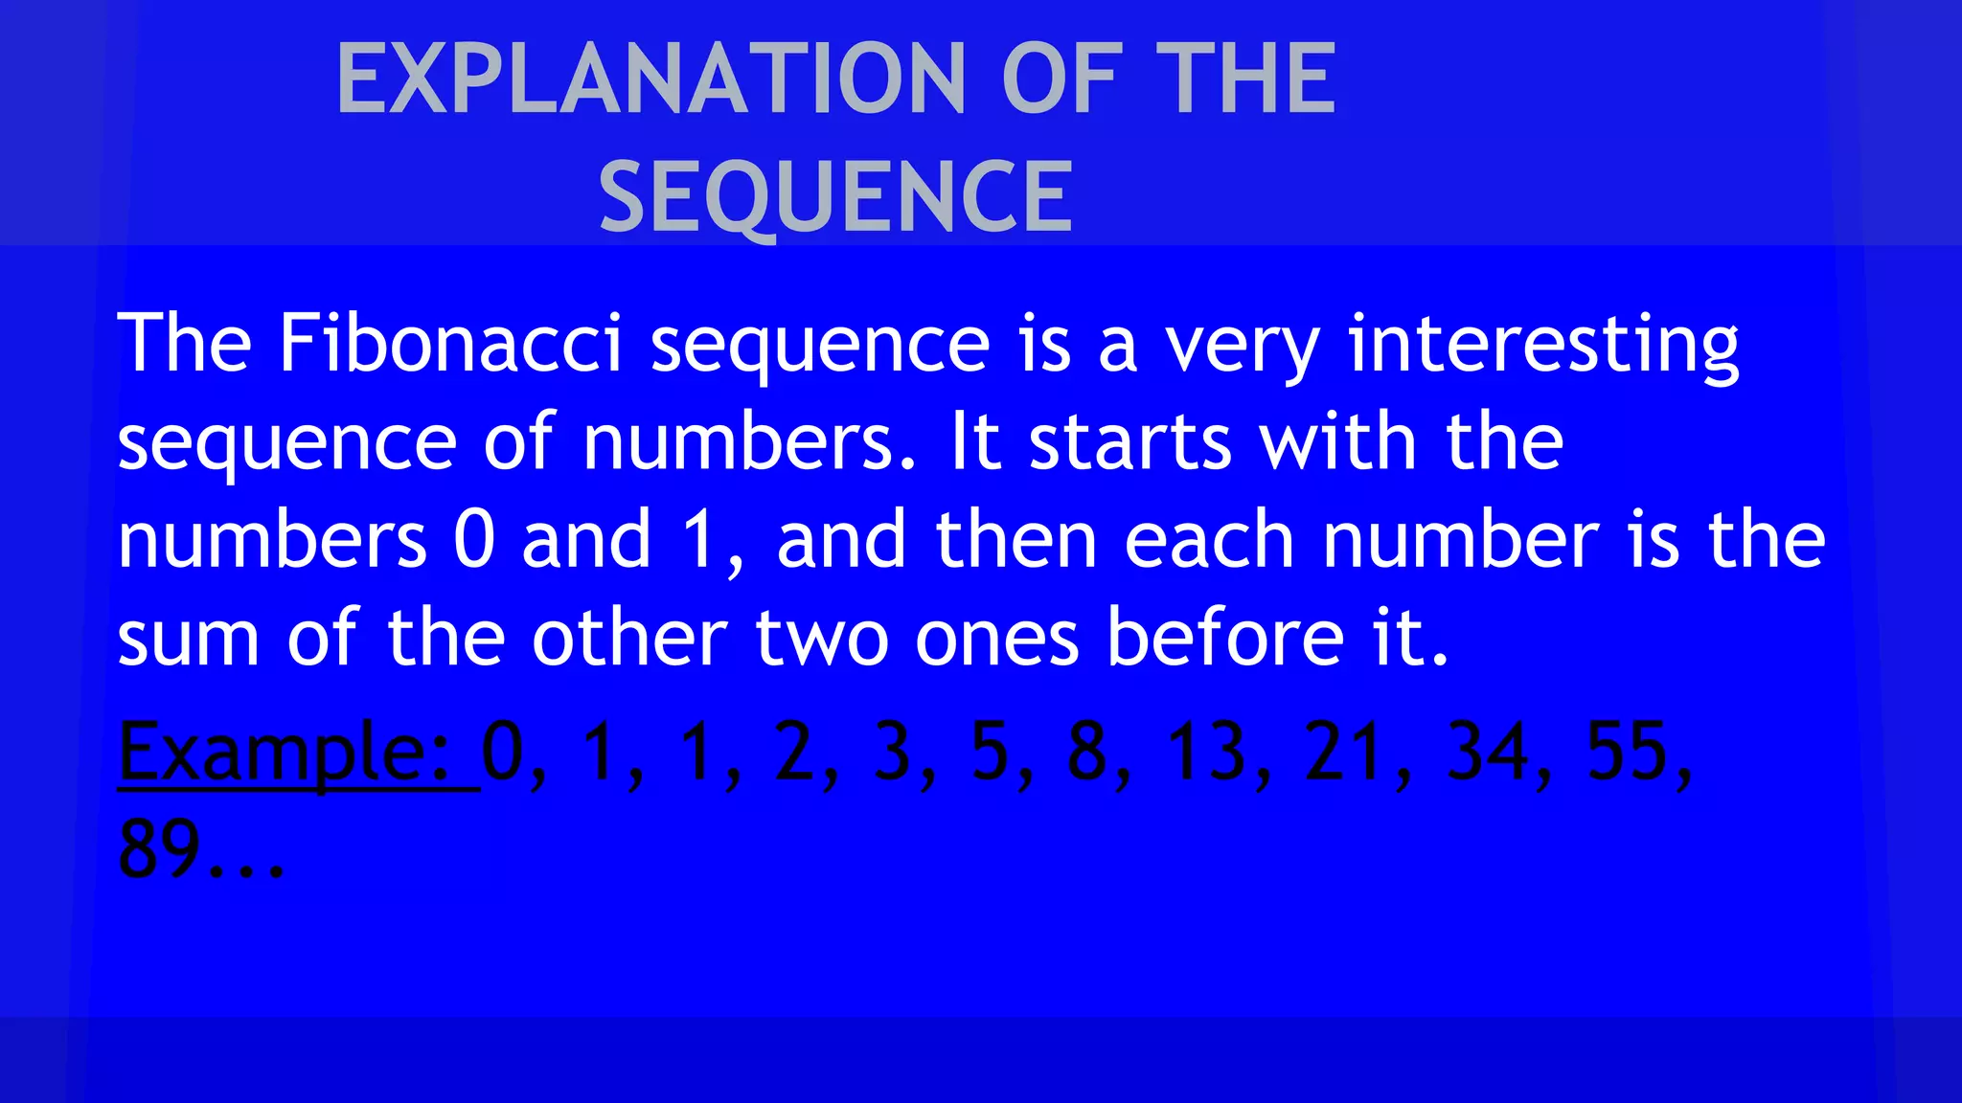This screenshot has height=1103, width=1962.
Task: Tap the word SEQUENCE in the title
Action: (835, 197)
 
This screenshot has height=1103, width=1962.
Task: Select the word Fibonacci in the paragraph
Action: (450, 343)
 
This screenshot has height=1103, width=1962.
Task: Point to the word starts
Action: (1129, 442)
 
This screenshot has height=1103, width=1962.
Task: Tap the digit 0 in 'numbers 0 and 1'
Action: (474, 540)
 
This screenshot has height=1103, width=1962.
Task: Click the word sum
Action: (188, 639)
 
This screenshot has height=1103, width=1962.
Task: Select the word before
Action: (1225, 637)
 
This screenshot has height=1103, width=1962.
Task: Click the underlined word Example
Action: (284, 753)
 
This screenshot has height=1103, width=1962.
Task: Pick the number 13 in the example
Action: (1206, 751)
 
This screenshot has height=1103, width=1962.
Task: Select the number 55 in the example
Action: (1628, 751)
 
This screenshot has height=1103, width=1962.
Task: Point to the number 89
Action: (159, 848)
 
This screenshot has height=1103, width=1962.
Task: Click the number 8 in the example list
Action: (1087, 751)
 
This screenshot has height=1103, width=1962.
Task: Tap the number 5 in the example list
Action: (991, 751)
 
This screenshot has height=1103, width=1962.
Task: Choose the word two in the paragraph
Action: (822, 639)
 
